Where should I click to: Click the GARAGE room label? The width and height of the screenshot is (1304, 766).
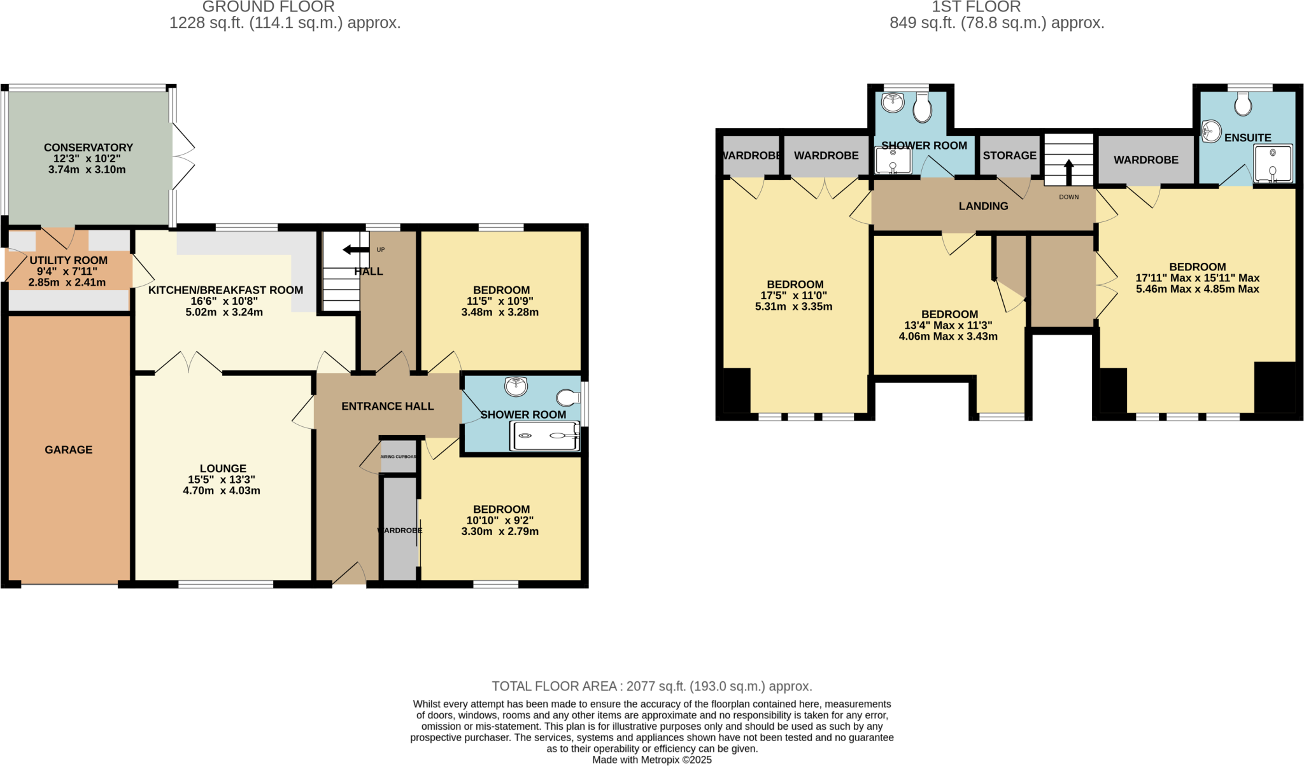click(68, 450)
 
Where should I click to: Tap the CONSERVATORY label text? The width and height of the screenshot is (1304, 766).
click(88, 148)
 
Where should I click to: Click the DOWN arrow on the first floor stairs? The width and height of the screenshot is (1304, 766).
click(1069, 172)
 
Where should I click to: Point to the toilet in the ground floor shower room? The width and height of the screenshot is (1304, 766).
click(567, 398)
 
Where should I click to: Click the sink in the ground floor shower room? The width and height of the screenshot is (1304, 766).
click(516, 386)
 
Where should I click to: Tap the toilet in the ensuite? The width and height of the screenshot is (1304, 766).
click(1243, 104)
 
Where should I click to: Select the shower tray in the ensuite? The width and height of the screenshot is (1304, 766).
click(1273, 164)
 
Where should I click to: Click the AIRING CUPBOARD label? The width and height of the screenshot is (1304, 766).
click(399, 457)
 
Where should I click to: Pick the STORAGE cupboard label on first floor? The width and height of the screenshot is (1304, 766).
click(1009, 156)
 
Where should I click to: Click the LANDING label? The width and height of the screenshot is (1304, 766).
click(983, 206)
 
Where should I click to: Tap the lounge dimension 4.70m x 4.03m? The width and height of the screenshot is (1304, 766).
click(222, 491)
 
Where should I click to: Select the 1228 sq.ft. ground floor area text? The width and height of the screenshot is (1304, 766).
click(285, 24)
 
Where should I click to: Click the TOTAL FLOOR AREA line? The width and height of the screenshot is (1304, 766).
click(651, 686)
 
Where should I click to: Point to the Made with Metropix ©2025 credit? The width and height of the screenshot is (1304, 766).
click(651, 760)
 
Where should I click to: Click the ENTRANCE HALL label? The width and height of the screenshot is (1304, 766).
click(387, 407)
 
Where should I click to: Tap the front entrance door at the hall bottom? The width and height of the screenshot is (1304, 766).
click(349, 574)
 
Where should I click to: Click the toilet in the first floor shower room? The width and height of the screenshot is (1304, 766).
click(922, 108)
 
